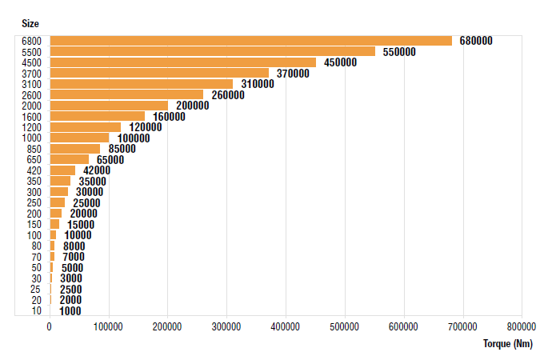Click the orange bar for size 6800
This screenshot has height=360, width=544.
[250, 41]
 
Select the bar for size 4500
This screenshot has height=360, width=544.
[183, 62]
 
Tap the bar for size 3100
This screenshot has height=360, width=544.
[141, 84]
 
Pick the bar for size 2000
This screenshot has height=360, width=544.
[109, 106]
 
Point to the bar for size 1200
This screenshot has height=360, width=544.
[85, 127]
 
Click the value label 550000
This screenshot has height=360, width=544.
[398, 52]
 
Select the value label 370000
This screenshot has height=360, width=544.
[292, 74]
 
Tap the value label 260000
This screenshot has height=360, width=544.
[227, 95]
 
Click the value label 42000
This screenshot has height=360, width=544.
[95, 170]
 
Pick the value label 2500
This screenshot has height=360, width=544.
[70, 290]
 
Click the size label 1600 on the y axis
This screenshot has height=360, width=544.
[32, 116]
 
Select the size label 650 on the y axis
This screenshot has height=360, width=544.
[34, 160]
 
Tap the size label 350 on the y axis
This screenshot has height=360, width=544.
[34, 182]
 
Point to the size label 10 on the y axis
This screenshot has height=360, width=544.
[37, 311]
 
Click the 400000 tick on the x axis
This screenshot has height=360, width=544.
[286, 326]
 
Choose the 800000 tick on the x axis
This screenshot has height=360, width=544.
[522, 326]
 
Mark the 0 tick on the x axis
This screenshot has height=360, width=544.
[50, 326]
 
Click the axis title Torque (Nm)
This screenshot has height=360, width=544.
[507, 344]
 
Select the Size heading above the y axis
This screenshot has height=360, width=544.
[30, 23]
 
